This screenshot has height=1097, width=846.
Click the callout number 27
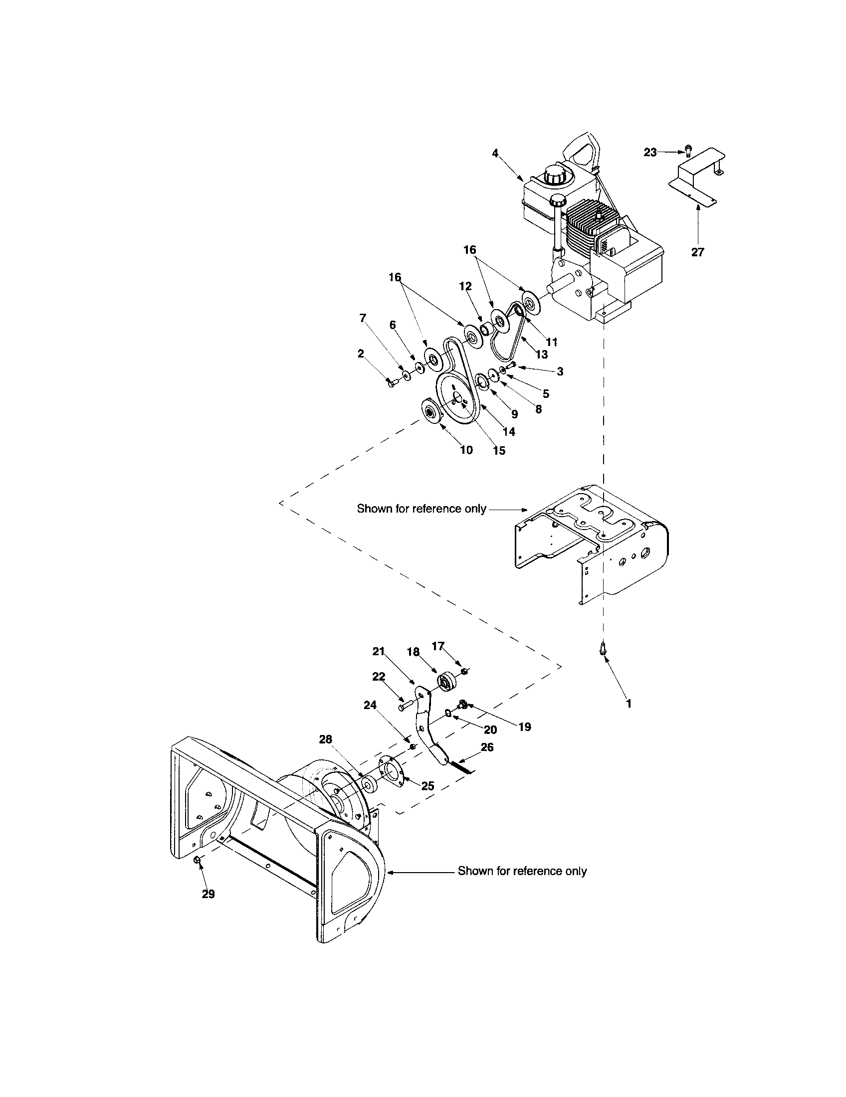coord(697,252)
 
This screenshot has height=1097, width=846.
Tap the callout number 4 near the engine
coord(495,153)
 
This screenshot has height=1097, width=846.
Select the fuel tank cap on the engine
coord(554,176)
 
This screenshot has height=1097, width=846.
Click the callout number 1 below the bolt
coord(628,704)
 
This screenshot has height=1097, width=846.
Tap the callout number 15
coord(499,451)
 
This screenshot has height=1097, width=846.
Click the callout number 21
coord(378,652)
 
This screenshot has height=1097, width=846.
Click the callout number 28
coord(326,739)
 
